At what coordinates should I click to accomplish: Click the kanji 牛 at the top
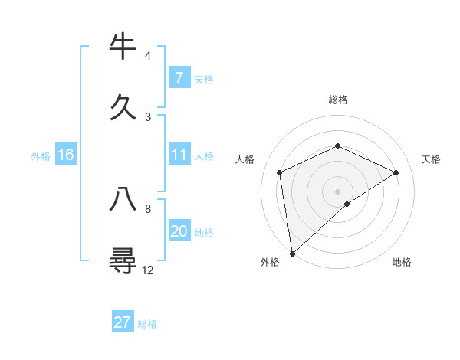pyautogui.click(x=123, y=47)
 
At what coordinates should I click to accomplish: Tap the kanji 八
pyautogui.click(x=123, y=199)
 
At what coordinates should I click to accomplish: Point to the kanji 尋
pyautogui.click(x=123, y=259)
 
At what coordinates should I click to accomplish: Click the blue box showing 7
pyautogui.click(x=179, y=77)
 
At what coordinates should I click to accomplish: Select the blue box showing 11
pyautogui.click(x=179, y=155)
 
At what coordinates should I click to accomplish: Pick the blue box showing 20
pyautogui.click(x=179, y=231)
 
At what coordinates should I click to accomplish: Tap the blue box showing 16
pyautogui.click(x=66, y=155)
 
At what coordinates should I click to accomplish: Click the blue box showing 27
pyautogui.click(x=123, y=322)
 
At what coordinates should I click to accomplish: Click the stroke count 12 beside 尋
pyautogui.click(x=148, y=270)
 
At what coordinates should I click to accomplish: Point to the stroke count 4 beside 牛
pyautogui.click(x=148, y=56)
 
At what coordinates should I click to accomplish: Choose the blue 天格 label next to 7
pyautogui.click(x=204, y=79)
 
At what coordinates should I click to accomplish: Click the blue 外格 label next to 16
pyautogui.click(x=41, y=156)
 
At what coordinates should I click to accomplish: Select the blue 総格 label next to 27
pyautogui.click(x=147, y=324)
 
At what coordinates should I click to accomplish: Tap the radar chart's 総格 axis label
pyautogui.click(x=338, y=100)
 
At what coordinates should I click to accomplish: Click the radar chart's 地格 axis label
pyautogui.click(x=402, y=263)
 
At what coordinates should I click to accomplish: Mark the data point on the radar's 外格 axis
pyautogui.click(x=292, y=253)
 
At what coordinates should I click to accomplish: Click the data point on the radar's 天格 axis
pyautogui.click(x=396, y=172)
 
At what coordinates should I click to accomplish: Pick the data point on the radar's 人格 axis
pyautogui.click(x=280, y=172)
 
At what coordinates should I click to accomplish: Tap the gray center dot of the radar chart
pyautogui.click(x=338, y=191)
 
